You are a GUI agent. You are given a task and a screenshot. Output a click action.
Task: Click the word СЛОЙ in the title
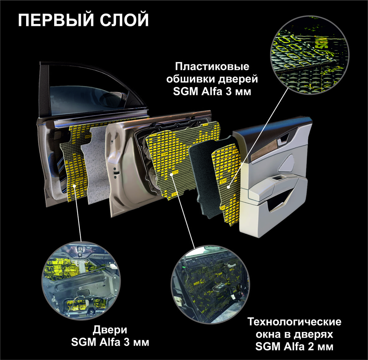click(x=124, y=20)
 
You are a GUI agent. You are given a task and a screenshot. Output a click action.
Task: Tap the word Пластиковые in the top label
click(x=212, y=67)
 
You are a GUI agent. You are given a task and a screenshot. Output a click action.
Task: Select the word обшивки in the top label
click(x=190, y=79)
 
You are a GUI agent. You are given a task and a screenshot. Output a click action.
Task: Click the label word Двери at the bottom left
click(x=110, y=330)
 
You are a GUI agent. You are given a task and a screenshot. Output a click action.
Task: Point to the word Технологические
click(x=295, y=322)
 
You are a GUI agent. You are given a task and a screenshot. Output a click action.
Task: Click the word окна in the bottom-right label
click(x=269, y=334)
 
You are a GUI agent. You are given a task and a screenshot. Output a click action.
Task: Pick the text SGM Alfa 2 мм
click(x=294, y=347)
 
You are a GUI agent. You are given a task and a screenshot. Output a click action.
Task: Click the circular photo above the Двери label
click(x=81, y=281)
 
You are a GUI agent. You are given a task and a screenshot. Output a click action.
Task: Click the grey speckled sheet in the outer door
click(x=96, y=164)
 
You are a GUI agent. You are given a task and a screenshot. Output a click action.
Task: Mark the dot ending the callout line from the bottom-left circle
click(x=74, y=186)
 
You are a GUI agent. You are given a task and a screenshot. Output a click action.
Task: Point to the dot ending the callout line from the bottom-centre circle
click(x=172, y=174)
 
